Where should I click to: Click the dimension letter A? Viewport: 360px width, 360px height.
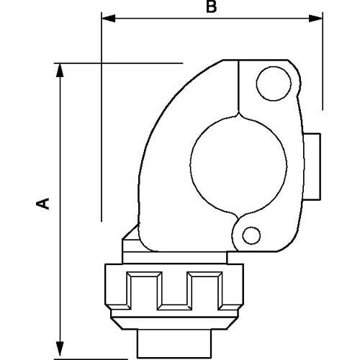click(x=44, y=204)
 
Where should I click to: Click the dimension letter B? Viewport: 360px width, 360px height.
click(x=210, y=9)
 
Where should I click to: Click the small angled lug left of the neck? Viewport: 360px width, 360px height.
click(x=130, y=238)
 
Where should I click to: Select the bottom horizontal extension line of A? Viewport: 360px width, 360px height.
click(x=94, y=348)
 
